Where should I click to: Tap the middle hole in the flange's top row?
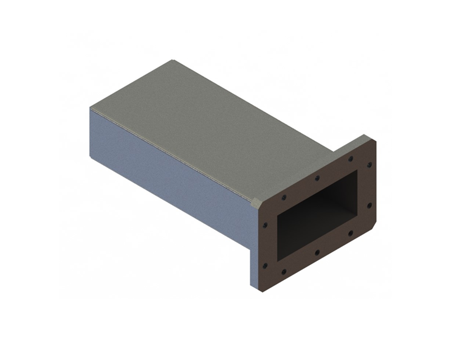(317, 178)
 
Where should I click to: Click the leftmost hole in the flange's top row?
(284, 198)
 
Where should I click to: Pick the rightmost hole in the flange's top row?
(351, 158)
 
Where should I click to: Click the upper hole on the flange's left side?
(265, 225)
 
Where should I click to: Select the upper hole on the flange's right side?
(369, 164)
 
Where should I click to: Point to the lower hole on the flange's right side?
(369, 205)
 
